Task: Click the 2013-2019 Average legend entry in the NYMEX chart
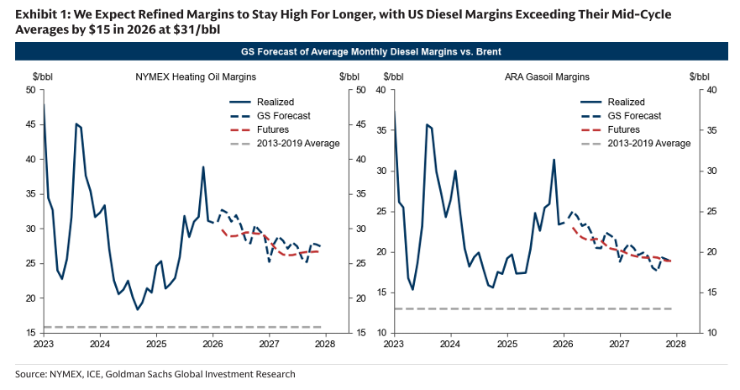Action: [x=298, y=143]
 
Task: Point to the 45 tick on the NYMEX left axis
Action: [x=30, y=124]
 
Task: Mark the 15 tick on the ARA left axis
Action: [x=382, y=292]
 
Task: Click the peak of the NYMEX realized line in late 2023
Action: [x=76, y=124]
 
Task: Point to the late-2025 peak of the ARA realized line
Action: [x=554, y=160]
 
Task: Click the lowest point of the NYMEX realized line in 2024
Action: [x=138, y=309]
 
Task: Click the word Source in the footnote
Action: [x=31, y=374]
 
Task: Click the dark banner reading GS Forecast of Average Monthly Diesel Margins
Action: [x=370, y=52]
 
